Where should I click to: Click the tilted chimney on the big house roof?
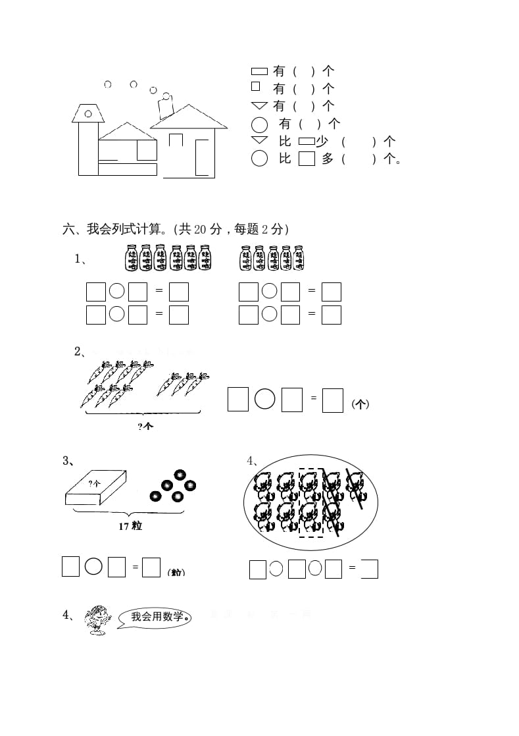(164, 108)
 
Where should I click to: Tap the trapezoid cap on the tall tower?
(88, 113)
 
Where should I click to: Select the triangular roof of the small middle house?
(127, 131)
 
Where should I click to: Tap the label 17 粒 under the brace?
(130, 527)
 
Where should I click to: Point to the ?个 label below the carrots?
(145, 426)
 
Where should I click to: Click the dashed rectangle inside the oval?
(310, 502)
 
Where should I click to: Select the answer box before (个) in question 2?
(333, 400)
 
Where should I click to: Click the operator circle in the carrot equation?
(264, 400)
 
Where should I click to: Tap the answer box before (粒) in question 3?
(151, 567)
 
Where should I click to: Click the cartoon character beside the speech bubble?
(99, 620)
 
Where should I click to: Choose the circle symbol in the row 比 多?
(260, 159)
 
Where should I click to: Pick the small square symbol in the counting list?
(256, 86)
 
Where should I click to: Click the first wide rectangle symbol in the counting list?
(259, 70)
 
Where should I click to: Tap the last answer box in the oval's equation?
(370, 569)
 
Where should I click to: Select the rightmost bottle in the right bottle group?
(299, 257)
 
